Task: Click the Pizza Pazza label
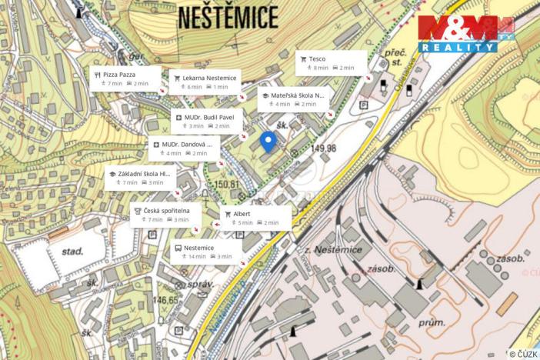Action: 125,78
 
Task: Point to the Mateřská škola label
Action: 293,99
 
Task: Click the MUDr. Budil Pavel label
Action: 207,121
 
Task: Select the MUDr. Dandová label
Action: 184,148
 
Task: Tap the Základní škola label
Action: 140,178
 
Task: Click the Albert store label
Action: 256,217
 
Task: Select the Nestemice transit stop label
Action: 205,252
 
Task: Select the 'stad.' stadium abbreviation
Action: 73,251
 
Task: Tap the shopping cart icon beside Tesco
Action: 303,58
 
